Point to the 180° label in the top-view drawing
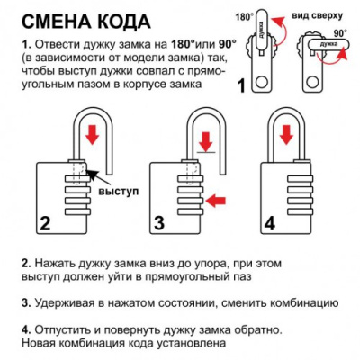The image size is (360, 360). click(x=243, y=15)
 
